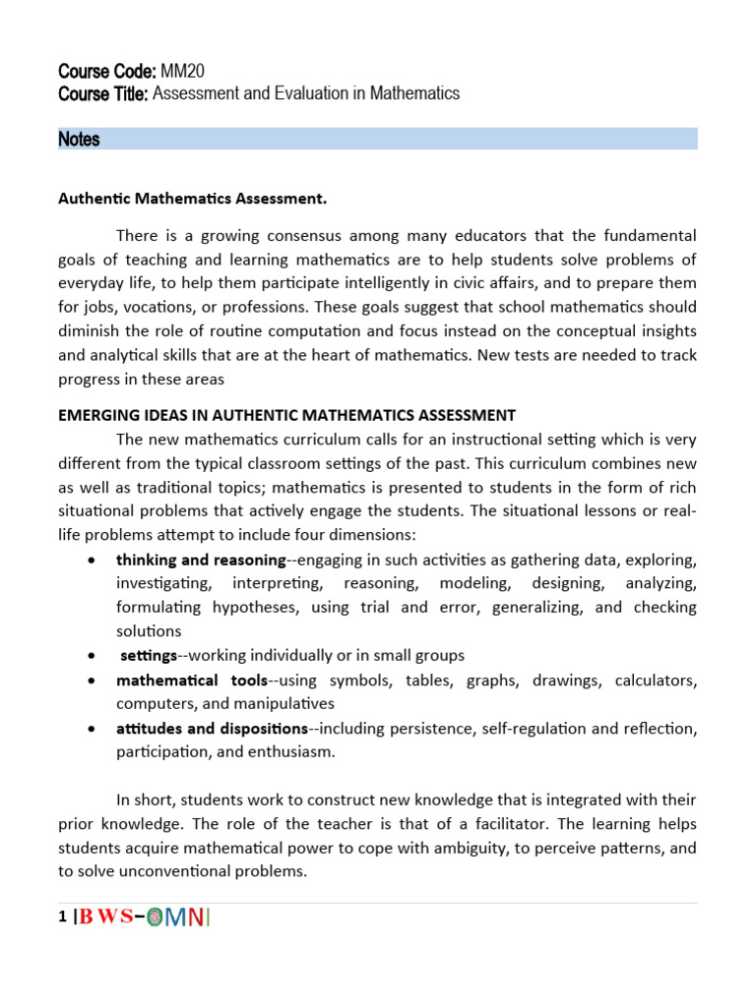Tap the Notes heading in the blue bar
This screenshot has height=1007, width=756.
[79, 139]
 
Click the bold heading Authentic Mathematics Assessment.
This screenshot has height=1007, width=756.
[192, 199]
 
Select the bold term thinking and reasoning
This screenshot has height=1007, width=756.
[200, 560]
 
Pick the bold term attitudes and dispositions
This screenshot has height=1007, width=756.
[212, 728]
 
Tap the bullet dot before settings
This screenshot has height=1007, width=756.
[92, 656]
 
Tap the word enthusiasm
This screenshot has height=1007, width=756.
[289, 752]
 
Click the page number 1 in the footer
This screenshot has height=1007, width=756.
[63, 918]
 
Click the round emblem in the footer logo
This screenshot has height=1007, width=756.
[155, 918]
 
